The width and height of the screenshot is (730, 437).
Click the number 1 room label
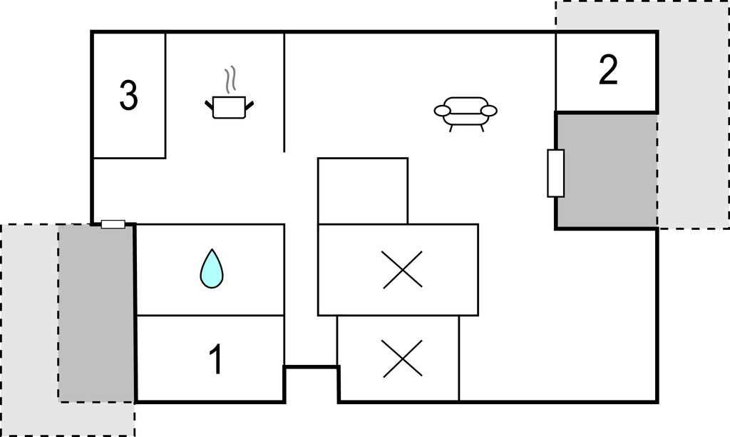(x=216, y=359)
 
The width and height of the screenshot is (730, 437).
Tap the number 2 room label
(x=608, y=70)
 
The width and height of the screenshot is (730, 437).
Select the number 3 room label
(x=128, y=95)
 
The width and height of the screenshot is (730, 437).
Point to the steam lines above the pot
(x=230, y=79)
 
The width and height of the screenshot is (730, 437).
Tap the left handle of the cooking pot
(x=209, y=106)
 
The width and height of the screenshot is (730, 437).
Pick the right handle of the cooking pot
(x=250, y=106)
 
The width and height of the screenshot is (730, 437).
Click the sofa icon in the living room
(x=466, y=114)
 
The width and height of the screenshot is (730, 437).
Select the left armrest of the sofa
(x=442, y=111)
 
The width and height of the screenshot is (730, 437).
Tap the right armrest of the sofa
(x=489, y=111)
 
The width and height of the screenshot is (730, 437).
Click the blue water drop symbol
(x=211, y=268)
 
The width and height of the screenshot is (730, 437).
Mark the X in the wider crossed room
(x=403, y=270)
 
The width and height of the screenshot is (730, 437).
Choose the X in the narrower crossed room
(x=403, y=358)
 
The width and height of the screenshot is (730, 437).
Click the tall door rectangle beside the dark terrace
(x=555, y=173)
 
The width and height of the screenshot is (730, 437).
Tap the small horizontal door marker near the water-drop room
(x=113, y=224)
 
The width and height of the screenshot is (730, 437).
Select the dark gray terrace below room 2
(x=607, y=171)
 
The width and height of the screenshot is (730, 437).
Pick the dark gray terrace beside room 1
(x=96, y=313)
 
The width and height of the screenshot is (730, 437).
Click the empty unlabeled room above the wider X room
(x=363, y=191)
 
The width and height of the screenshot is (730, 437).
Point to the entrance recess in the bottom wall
(x=312, y=384)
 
